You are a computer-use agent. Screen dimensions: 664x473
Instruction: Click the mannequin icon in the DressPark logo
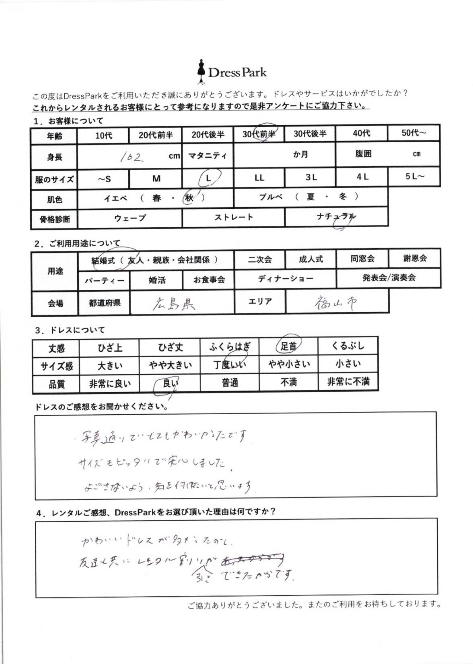pyautogui.click(x=201, y=72)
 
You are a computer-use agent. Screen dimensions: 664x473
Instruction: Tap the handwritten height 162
pyautogui.click(x=131, y=156)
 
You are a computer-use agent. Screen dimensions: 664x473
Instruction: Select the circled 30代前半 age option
pyautogui.click(x=259, y=134)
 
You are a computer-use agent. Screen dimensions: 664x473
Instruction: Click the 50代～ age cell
pyautogui.click(x=413, y=133)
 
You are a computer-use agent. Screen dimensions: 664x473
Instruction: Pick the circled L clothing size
pyautogui.click(x=208, y=178)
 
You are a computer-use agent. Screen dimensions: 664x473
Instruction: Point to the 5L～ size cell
pyautogui.click(x=414, y=177)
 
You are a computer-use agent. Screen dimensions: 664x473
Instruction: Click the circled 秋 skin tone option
pyautogui.click(x=190, y=198)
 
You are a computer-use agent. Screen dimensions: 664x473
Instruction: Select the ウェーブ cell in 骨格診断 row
pyautogui.click(x=130, y=218)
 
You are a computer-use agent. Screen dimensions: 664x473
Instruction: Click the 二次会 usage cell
pyautogui.click(x=260, y=259)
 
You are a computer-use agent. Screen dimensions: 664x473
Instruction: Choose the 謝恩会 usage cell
pyautogui.click(x=415, y=258)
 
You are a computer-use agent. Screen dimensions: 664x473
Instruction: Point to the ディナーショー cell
pyautogui.click(x=285, y=279)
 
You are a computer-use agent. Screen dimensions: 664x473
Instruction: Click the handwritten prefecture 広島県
pyautogui.click(x=174, y=304)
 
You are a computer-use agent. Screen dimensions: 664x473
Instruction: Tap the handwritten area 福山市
pyautogui.click(x=336, y=303)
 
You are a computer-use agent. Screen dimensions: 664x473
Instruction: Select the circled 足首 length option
pyautogui.click(x=289, y=346)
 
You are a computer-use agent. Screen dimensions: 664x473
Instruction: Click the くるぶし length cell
pyautogui.click(x=348, y=346)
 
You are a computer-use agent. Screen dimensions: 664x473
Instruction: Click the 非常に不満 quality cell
pyautogui.click(x=348, y=382)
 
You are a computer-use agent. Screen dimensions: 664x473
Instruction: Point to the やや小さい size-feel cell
pyautogui.click(x=289, y=364)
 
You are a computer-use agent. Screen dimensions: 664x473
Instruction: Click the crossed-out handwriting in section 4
pyautogui.click(x=253, y=559)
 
